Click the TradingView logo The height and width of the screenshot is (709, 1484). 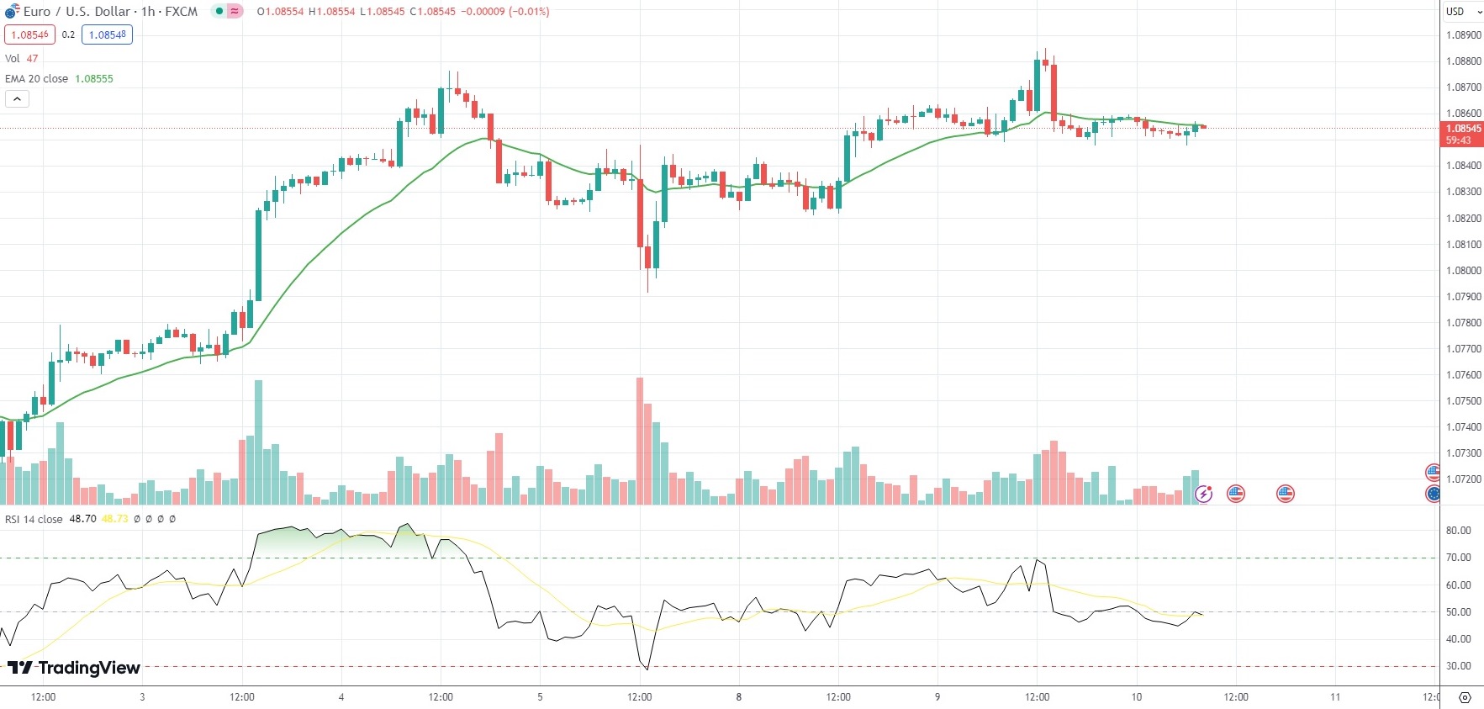click(x=74, y=668)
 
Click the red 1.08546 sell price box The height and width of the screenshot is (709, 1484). click(x=29, y=34)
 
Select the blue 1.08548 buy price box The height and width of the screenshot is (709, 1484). click(x=107, y=34)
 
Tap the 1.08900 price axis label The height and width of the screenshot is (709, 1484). click(x=1463, y=35)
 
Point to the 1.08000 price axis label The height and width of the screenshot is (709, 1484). click(x=1463, y=271)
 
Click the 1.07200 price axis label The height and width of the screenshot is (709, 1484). click(x=1463, y=479)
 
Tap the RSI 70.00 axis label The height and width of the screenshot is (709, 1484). click(x=1458, y=558)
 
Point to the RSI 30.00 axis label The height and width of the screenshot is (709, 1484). click(x=1458, y=666)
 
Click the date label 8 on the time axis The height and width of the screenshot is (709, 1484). click(x=739, y=697)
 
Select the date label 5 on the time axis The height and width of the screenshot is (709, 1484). click(x=540, y=697)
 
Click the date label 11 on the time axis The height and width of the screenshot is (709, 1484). click(x=1335, y=697)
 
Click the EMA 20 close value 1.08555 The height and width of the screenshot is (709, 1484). click(x=94, y=79)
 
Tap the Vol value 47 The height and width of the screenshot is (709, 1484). click(x=32, y=59)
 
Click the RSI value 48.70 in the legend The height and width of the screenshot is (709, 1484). click(x=82, y=519)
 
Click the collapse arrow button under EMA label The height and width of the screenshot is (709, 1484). click(x=17, y=99)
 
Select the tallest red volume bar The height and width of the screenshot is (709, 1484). click(x=640, y=441)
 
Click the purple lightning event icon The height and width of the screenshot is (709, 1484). click(x=1204, y=494)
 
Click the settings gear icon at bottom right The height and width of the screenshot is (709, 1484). click(x=1465, y=697)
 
